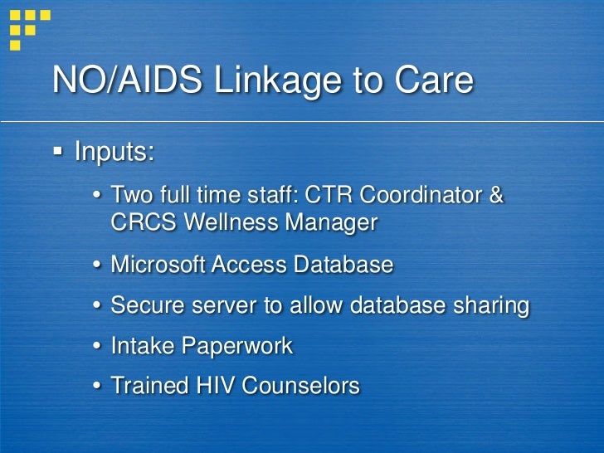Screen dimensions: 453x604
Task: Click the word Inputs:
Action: click(x=114, y=153)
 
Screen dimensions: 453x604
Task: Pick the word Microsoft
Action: click(x=158, y=265)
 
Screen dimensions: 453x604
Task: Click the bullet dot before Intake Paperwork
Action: click(x=97, y=347)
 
